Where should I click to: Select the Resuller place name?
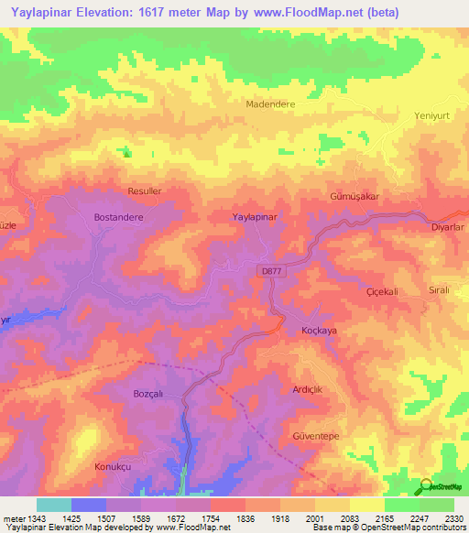pos(145,191)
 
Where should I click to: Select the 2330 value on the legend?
pos(453,519)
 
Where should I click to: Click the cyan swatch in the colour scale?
pos(53,505)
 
